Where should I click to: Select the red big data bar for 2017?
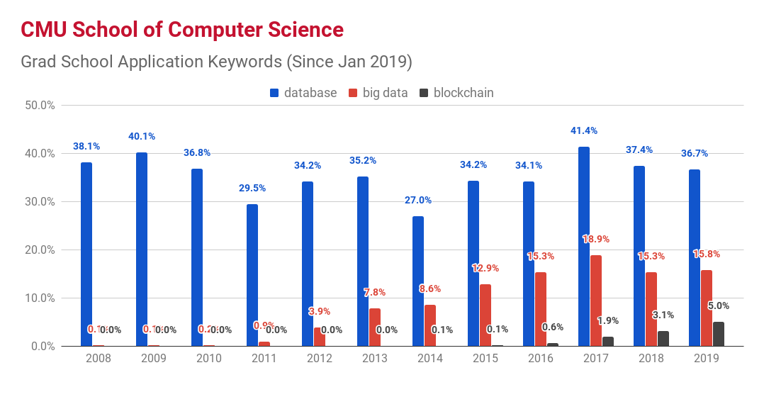click(596, 301)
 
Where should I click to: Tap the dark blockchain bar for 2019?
click(718, 334)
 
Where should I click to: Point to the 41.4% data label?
click(583, 130)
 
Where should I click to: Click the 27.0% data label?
click(417, 200)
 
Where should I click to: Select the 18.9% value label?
click(596, 239)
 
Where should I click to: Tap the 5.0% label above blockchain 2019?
click(718, 306)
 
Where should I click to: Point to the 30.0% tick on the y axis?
click(40, 201)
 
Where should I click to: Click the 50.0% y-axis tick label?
click(40, 105)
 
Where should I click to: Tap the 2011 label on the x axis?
click(264, 359)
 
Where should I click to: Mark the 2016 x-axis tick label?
click(541, 359)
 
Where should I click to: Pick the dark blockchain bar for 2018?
click(663, 339)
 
